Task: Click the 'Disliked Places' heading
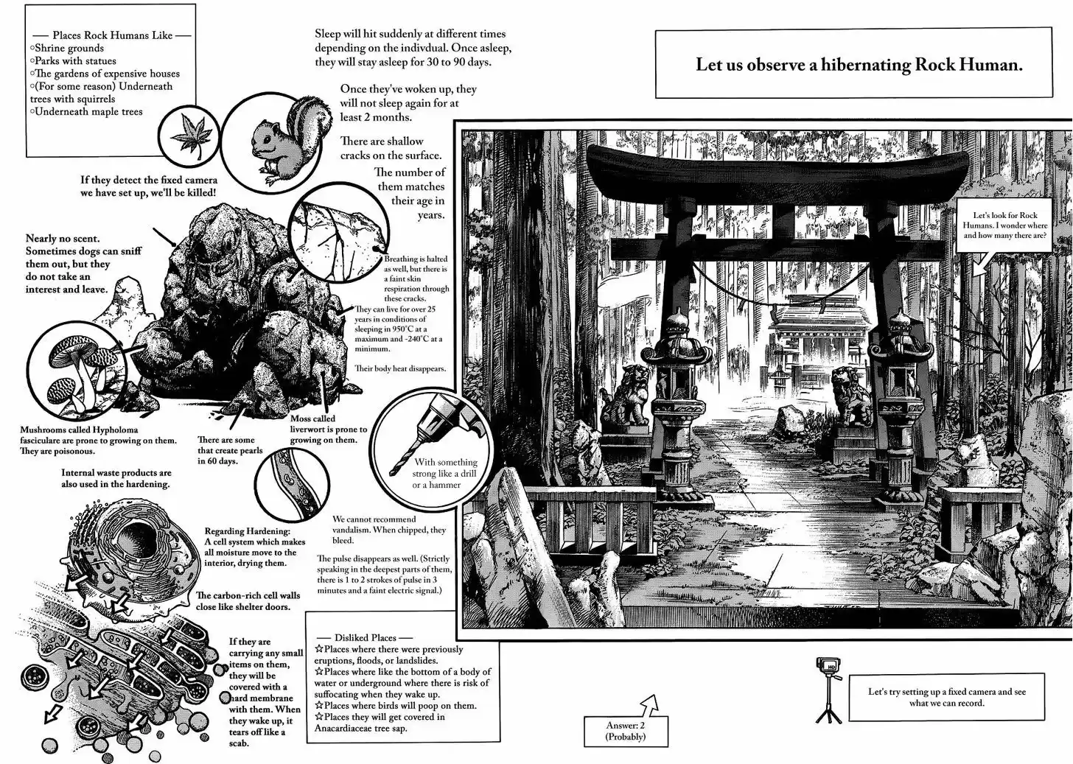pyautogui.click(x=365, y=638)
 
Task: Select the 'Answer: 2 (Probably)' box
pyautogui.click(x=626, y=730)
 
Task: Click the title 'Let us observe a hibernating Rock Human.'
pyautogui.click(x=859, y=64)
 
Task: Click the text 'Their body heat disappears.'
pyautogui.click(x=400, y=368)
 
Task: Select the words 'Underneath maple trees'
pyautogui.click(x=88, y=112)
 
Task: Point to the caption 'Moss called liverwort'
pyautogui.click(x=328, y=429)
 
